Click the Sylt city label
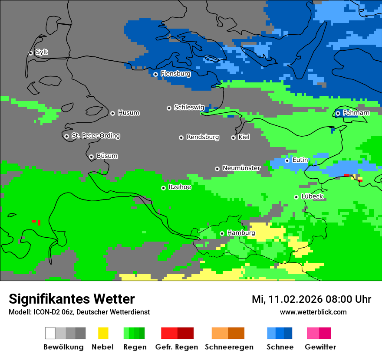click(42, 52)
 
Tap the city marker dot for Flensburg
click(155, 74)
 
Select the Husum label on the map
click(128, 113)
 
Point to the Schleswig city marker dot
click(169, 108)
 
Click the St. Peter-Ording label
click(95, 136)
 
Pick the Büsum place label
click(107, 156)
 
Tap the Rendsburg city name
click(203, 137)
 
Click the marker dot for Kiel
click(233, 137)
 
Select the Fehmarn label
click(356, 113)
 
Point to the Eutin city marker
click(287, 160)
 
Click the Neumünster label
click(241, 168)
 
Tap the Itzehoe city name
click(180, 187)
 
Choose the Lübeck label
click(312, 196)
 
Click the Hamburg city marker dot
click(222, 233)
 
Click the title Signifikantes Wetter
click(72, 299)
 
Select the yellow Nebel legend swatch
click(103, 333)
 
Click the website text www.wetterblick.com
click(313, 312)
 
